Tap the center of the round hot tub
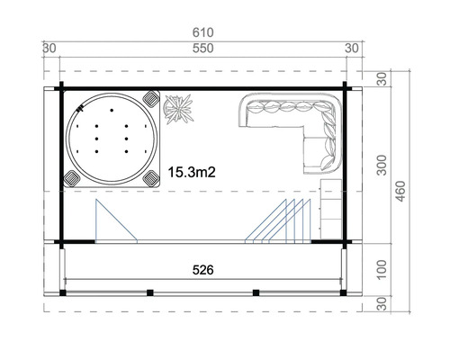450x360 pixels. [112, 139]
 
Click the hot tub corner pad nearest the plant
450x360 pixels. [150, 98]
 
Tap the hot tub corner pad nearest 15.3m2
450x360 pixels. [150, 178]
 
